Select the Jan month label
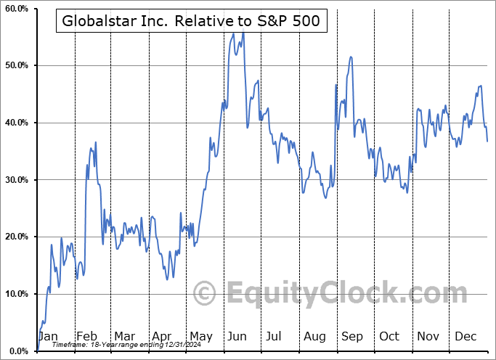coord(48,337)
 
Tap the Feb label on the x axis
coord(86,337)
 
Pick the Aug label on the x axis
coord(314,337)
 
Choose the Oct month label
coord(390,337)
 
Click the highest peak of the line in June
coord(243,33)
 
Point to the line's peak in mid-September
coord(351,57)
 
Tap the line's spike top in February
coord(95,142)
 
